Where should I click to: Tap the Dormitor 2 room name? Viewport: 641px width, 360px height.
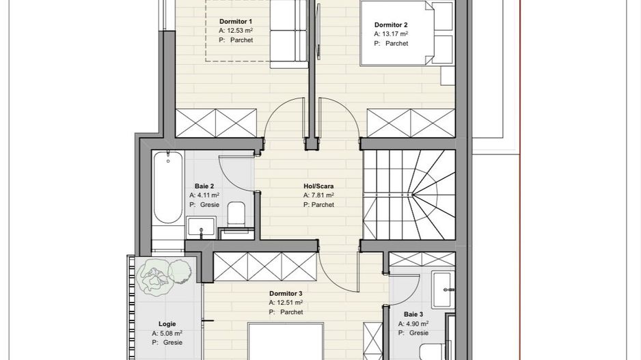tap(391, 25)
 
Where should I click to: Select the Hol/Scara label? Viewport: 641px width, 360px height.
tap(318, 185)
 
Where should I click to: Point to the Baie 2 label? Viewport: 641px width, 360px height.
tap(204, 185)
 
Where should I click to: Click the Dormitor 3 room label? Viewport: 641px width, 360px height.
tap(286, 293)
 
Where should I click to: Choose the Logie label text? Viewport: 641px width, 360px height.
tap(167, 324)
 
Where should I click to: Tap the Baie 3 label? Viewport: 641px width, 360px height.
tap(413, 314)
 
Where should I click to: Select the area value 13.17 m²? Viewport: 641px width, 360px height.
tap(395, 33)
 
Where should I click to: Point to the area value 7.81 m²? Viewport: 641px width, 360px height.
tap(323, 195)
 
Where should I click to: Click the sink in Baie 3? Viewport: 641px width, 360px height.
tap(443, 290)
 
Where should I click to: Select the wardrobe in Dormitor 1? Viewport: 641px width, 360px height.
tap(217, 123)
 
